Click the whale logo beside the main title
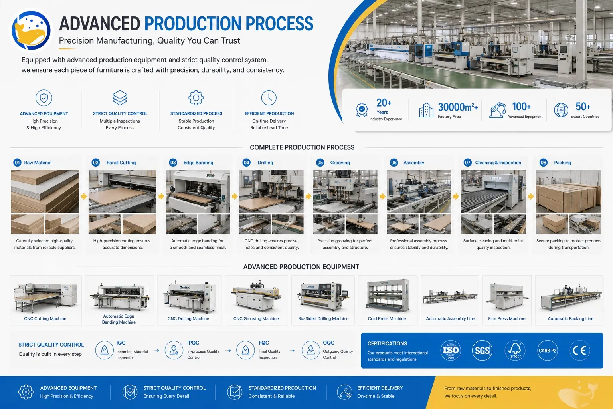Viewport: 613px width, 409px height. coord(31,30)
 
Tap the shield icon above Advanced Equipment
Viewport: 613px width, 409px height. coord(44,98)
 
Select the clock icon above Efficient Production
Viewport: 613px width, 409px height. coord(269,98)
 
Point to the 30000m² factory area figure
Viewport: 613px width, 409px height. coord(458,107)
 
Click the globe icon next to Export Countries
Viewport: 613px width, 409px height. coord(561,110)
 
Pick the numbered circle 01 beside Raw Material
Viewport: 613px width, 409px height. coord(17,163)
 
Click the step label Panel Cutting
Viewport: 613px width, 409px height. coord(121,163)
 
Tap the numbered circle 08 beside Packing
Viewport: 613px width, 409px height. coord(543,163)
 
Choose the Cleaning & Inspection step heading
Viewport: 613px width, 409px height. coord(498,163)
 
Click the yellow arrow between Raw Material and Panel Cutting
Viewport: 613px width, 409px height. coord(84,196)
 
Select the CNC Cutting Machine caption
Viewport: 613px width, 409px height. coord(45,318)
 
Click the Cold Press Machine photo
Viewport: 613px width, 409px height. coord(388,296)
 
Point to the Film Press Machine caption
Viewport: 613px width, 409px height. coord(507,318)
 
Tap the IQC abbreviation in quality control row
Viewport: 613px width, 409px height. coord(121,343)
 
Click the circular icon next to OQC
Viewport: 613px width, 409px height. coord(310,350)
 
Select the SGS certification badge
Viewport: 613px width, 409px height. coord(482,350)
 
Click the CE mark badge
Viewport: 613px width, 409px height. coord(579,350)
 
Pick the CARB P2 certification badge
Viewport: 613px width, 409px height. coord(547,350)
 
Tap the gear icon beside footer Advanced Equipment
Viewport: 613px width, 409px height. coord(26,392)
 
